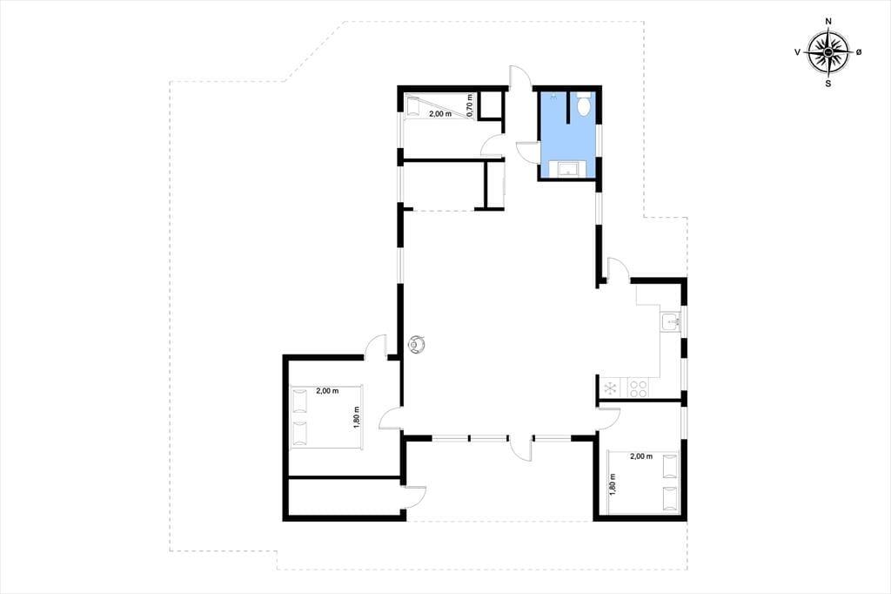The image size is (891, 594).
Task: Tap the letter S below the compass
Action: pyautogui.click(x=828, y=83)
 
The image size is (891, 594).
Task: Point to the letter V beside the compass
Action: pyautogui.click(x=798, y=52)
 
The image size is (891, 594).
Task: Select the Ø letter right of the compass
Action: pyautogui.click(x=859, y=52)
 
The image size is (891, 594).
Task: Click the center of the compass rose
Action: pyautogui.click(x=828, y=52)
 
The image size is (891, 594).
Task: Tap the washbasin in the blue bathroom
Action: pyautogui.click(x=566, y=170)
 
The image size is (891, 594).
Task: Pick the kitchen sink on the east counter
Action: pyautogui.click(x=673, y=322)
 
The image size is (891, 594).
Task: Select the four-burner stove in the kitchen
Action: pyautogui.click(x=638, y=389)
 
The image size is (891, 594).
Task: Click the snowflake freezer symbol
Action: pyautogui.click(x=611, y=389)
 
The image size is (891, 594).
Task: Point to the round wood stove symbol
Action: pyautogui.click(x=418, y=344)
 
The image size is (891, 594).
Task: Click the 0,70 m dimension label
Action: pyautogui.click(x=469, y=106)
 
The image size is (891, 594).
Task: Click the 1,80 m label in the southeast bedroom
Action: pyautogui.click(x=613, y=485)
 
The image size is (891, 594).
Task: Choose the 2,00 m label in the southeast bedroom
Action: pyautogui.click(x=641, y=456)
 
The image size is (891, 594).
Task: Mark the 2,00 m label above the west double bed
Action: pyautogui.click(x=327, y=391)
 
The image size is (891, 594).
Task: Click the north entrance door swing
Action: pyautogui.click(x=519, y=78)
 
